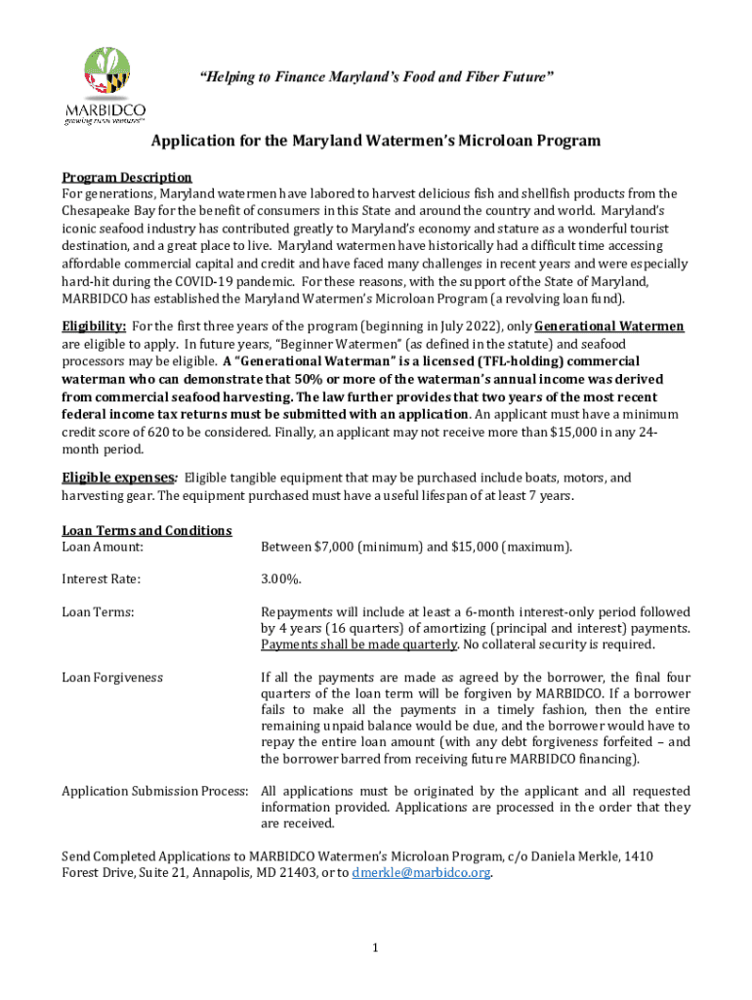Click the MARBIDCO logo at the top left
pyautogui.click(x=104, y=85)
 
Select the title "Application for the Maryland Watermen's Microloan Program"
pyautogui.click(x=375, y=141)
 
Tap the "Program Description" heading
pyautogui.click(x=127, y=177)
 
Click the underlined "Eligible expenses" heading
pyautogui.click(x=117, y=478)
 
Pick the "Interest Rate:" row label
pyautogui.click(x=101, y=579)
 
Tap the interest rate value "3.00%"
pyautogui.click(x=281, y=579)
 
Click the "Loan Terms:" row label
pyautogui.click(x=98, y=611)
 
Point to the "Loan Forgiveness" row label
pyautogui.click(x=112, y=677)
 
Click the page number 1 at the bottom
pyautogui.click(x=375, y=947)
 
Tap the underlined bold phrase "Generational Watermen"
pyautogui.click(x=609, y=326)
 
